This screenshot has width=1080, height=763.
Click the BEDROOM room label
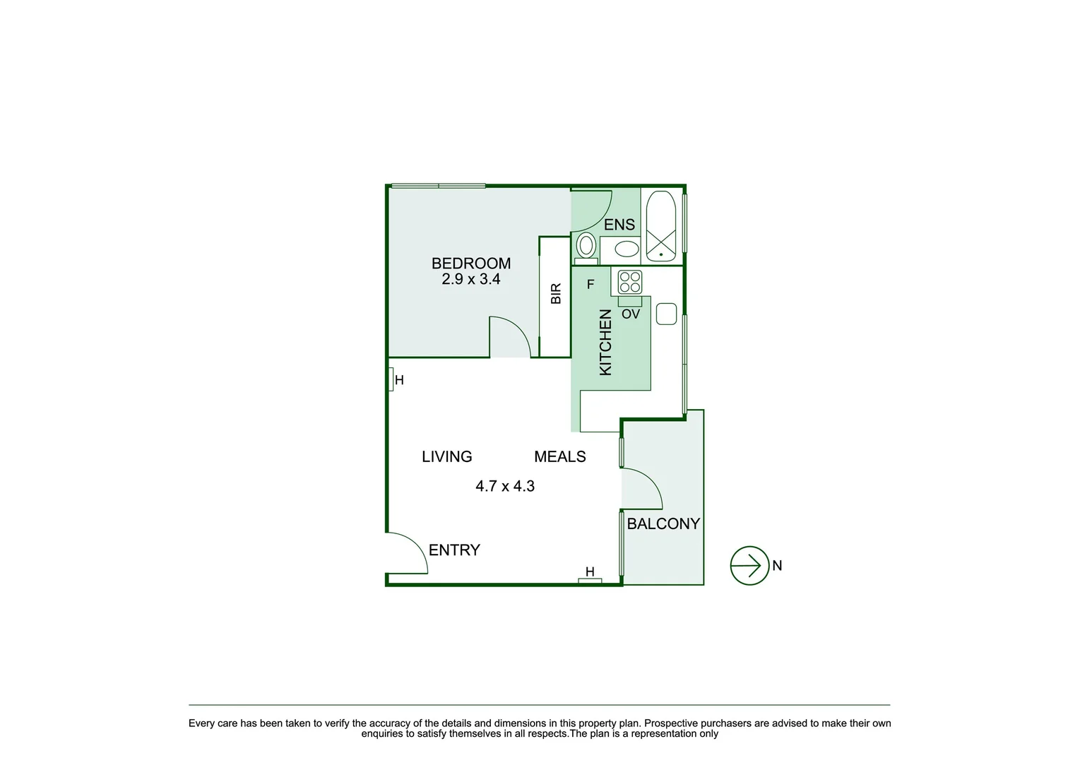(x=470, y=264)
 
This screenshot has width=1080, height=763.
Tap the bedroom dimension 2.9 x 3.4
(x=470, y=279)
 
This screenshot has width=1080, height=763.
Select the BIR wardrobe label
(x=556, y=294)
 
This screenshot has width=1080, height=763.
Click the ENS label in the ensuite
(x=619, y=225)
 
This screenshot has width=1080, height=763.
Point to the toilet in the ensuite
(x=586, y=247)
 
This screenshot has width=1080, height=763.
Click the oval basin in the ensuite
(x=626, y=249)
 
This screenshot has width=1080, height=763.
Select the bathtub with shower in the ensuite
(x=661, y=227)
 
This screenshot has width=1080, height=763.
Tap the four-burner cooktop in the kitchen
(x=629, y=282)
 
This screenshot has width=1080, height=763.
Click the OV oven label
(x=630, y=314)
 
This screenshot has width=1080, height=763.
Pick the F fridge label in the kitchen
(x=591, y=285)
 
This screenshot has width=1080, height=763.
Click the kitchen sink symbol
(x=666, y=314)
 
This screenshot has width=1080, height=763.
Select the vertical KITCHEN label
(x=605, y=343)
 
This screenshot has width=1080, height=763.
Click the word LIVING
(x=446, y=457)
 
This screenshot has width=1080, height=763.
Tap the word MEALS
(x=559, y=457)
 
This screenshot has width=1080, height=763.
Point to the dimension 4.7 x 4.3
(x=504, y=486)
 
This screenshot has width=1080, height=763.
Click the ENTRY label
(x=454, y=550)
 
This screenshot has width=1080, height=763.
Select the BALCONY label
(x=663, y=524)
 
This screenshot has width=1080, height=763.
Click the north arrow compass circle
(x=749, y=565)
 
